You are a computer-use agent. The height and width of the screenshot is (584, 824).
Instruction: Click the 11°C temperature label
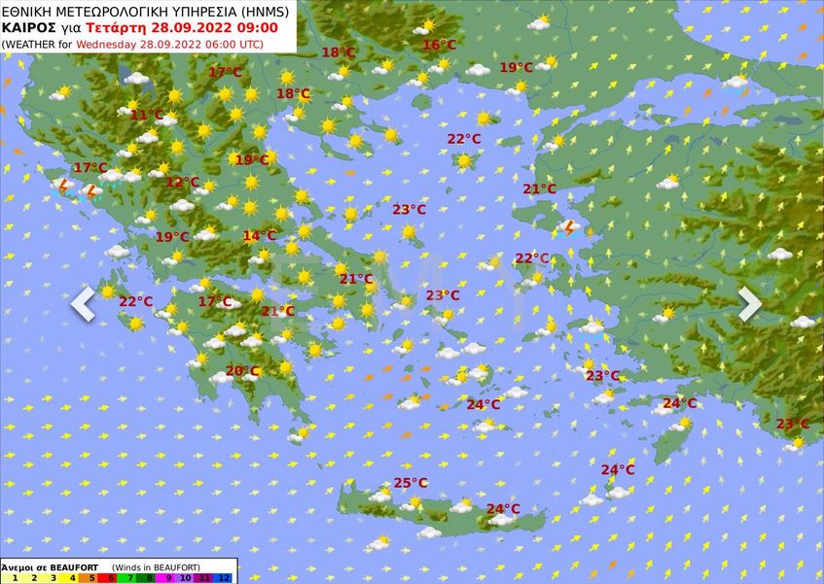point(147,115)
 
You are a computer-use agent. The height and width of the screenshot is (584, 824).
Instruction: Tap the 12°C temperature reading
point(182,183)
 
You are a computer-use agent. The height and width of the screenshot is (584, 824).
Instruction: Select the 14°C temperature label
point(259,236)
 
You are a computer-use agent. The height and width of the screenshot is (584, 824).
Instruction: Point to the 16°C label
point(439,45)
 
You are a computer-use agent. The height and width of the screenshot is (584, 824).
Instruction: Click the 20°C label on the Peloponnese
point(242,371)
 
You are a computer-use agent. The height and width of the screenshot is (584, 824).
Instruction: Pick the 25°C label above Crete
point(411,483)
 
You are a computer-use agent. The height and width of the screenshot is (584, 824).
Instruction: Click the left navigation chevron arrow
point(84,303)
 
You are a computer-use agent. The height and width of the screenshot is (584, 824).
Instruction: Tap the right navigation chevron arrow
point(749,303)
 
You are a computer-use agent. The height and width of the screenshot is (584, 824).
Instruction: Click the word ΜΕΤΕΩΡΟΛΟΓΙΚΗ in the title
point(107,11)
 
